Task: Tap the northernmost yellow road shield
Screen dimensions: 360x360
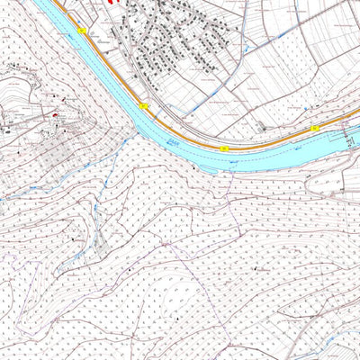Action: (x=82, y=31)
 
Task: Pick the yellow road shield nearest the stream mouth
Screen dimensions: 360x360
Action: (x=143, y=106)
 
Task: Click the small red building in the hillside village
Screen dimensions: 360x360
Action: (x=56, y=117)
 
